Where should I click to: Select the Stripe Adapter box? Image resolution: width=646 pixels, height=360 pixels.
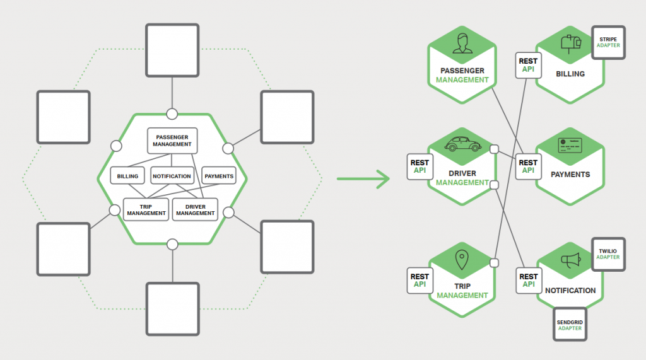[x=608, y=43]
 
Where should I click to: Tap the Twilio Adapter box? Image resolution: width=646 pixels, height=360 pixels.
[x=608, y=254]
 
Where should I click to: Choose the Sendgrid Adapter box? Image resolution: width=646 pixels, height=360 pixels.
[x=570, y=325]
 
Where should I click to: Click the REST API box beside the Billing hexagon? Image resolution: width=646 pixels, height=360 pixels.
[x=528, y=66]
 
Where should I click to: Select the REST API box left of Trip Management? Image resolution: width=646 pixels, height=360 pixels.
[x=420, y=281]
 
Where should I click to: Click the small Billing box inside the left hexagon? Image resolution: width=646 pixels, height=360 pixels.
[x=127, y=176]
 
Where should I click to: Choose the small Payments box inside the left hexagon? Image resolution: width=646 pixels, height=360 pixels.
[x=219, y=176]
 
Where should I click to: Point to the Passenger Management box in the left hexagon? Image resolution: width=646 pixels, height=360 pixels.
[x=172, y=141]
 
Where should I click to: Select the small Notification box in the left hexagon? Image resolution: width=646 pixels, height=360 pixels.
[x=172, y=176]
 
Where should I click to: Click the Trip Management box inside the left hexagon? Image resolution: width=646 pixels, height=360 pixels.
[x=146, y=209]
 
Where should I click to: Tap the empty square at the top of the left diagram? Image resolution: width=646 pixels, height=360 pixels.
[x=172, y=50]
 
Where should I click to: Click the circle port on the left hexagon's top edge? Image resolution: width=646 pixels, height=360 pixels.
[x=172, y=113]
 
